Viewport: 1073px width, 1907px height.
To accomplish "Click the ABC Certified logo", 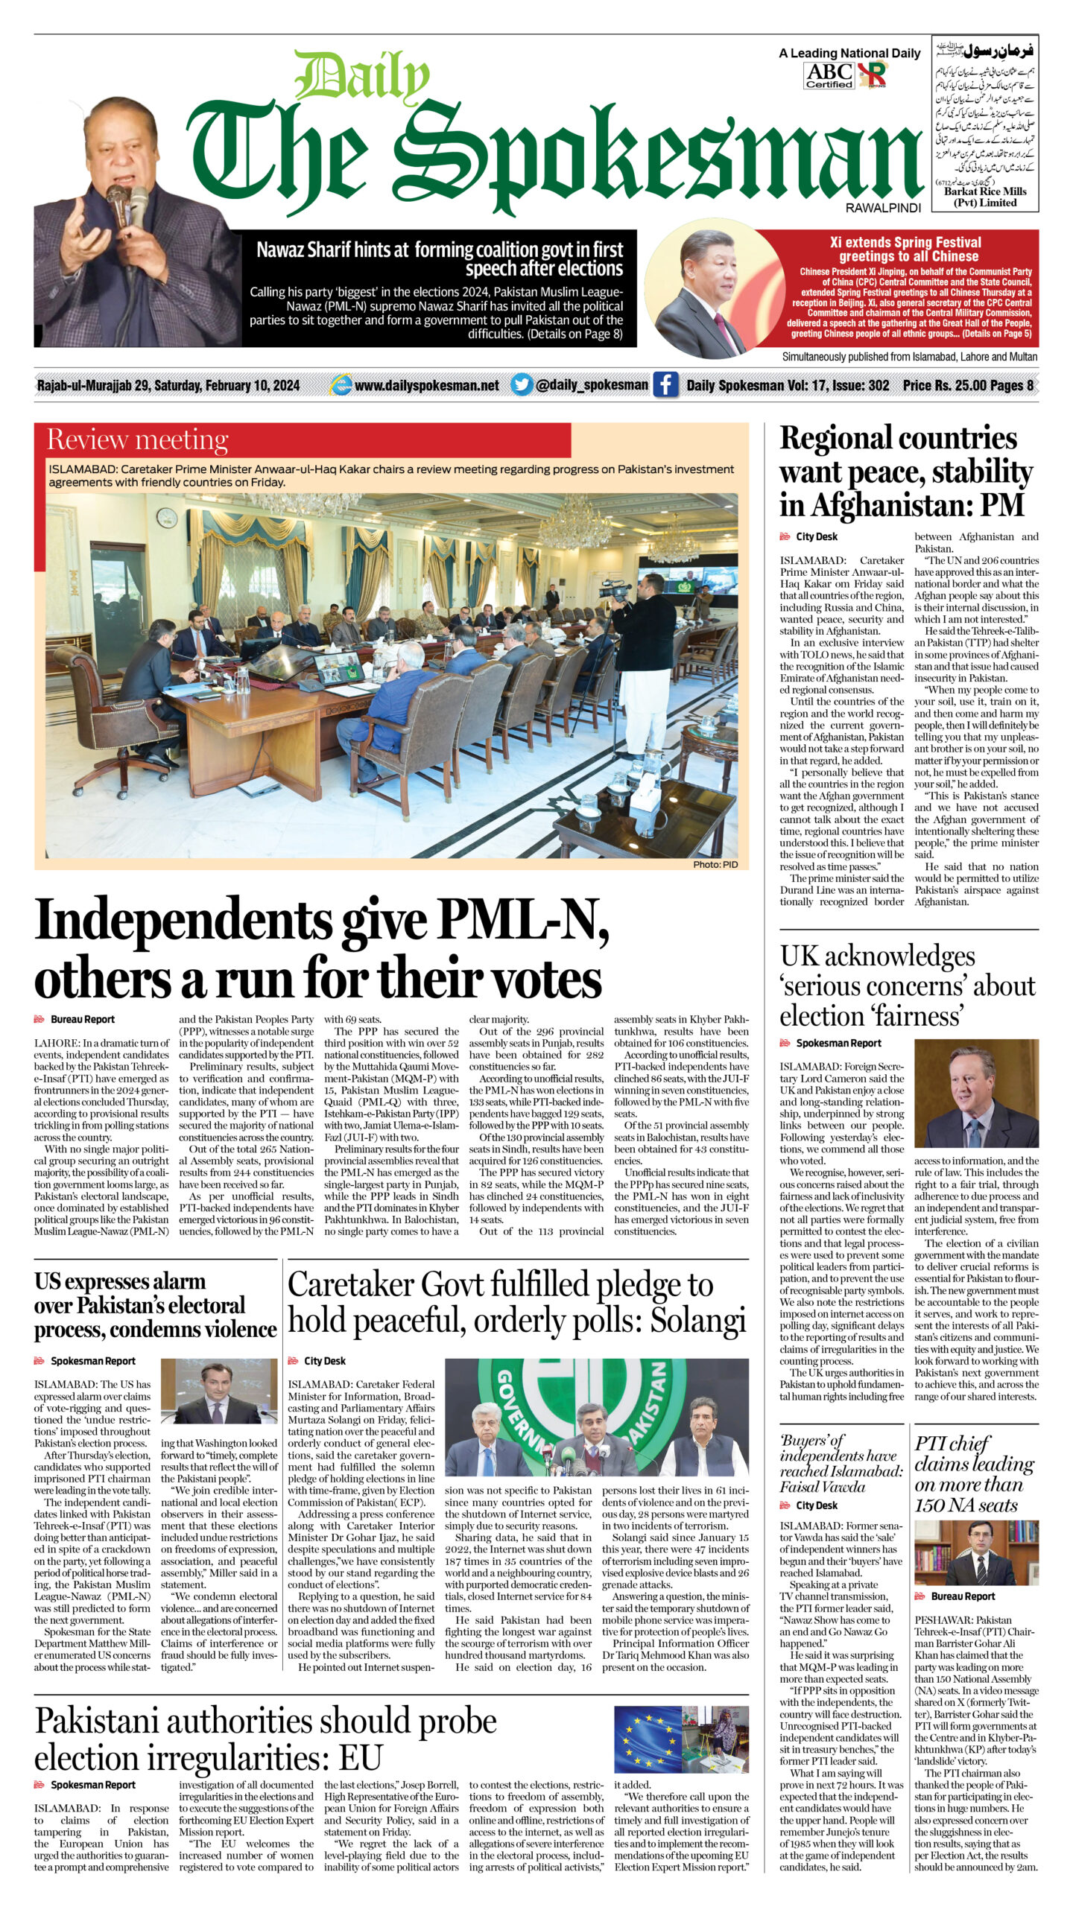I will tap(829, 75).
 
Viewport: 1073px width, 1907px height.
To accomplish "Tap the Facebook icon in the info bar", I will tap(665, 385).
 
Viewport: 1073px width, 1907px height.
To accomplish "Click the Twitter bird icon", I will tap(522, 385).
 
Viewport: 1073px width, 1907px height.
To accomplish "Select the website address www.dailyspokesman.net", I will tap(426, 385).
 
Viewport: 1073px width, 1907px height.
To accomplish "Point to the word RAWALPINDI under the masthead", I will tap(883, 209).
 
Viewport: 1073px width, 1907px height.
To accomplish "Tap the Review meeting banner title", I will tap(138, 440).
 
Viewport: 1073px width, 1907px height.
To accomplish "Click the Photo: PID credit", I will tap(715, 865).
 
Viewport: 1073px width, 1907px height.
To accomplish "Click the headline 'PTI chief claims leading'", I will tap(973, 1464).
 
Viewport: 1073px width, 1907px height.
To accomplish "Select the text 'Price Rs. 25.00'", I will tap(944, 385).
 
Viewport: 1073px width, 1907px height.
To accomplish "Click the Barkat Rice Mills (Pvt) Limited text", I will tap(984, 197).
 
